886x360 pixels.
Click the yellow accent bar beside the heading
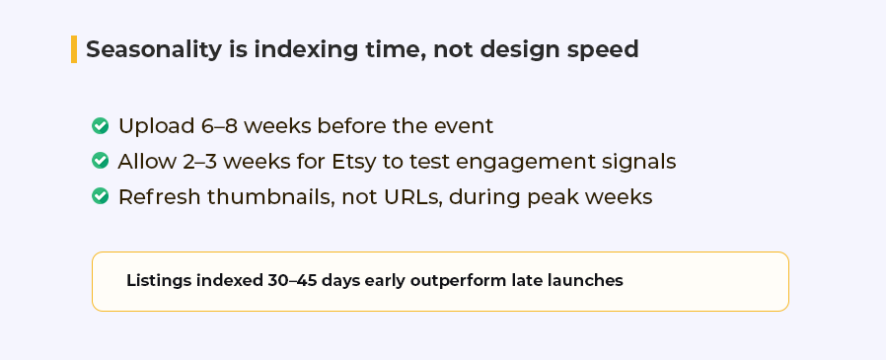coord(74,49)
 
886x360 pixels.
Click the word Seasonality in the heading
coord(154,49)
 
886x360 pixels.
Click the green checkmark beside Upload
coord(100,125)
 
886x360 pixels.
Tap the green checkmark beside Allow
coord(100,161)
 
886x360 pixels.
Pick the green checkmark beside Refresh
coord(100,196)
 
